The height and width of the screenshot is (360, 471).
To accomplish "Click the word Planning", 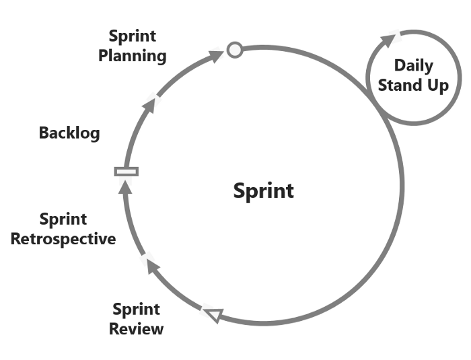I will pyautogui.click(x=133, y=55).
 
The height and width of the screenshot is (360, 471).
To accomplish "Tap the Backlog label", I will pyautogui.click(x=69, y=133).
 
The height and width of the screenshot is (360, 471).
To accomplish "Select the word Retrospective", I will pyautogui.click(x=63, y=238).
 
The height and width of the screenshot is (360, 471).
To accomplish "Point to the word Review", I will pyautogui.click(x=136, y=329).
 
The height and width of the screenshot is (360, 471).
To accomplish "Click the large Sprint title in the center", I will pyautogui.click(x=263, y=190).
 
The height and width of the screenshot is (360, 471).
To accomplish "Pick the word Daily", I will pyautogui.click(x=413, y=66).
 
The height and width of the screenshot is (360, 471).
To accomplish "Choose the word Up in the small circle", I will pyautogui.click(x=437, y=86).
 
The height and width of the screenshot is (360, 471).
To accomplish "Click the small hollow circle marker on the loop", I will pyautogui.click(x=234, y=49).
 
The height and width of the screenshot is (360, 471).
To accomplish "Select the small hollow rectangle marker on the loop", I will pyautogui.click(x=126, y=171).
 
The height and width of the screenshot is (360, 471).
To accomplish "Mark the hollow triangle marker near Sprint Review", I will pyautogui.click(x=213, y=314).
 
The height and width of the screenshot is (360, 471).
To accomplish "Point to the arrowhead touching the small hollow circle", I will pyautogui.click(x=217, y=55).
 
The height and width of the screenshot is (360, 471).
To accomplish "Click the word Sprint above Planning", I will pyautogui.click(x=132, y=36).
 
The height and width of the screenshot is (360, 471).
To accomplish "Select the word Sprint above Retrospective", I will pyautogui.click(x=63, y=219).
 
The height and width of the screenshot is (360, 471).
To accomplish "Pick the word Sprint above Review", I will pyautogui.click(x=136, y=310).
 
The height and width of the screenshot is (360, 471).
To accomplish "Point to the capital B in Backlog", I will pyautogui.click(x=44, y=133).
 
